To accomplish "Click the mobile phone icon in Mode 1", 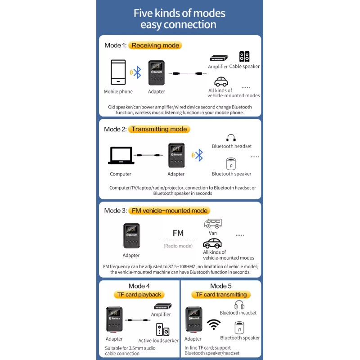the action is (118, 72).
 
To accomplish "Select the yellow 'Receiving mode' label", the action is (155, 45).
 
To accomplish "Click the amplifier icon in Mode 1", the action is (218, 58).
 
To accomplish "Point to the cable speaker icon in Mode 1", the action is (244, 57).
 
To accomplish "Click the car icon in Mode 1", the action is (220, 82).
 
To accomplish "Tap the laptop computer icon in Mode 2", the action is (121, 155).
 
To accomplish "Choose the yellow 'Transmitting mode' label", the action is (159, 129).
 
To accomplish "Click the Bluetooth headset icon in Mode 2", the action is (231, 138).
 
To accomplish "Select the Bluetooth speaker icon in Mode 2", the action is (231, 163).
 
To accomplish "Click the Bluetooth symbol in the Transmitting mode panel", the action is (199, 156).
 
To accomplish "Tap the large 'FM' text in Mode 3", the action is (178, 233).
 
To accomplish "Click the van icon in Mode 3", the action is (213, 223).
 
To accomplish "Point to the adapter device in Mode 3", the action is (131, 236).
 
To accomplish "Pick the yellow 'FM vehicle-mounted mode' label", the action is (169, 211).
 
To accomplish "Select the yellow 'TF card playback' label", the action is (139, 295).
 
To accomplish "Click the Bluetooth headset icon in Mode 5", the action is (239, 305).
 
